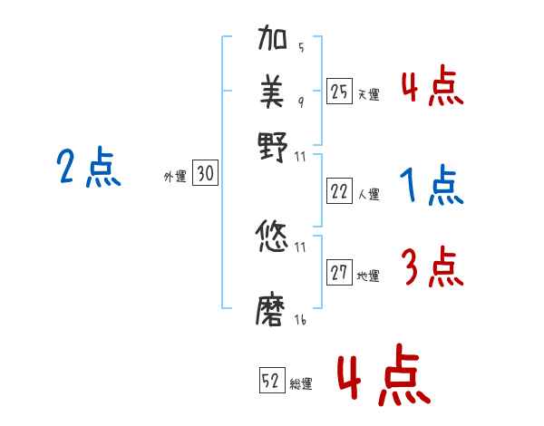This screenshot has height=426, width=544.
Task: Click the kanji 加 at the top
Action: tap(272, 44)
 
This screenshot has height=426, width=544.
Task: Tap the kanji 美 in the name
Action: tap(272, 92)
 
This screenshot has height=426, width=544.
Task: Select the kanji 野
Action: tap(272, 144)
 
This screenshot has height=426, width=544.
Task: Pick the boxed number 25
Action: tap(339, 91)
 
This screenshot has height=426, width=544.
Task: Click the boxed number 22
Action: tap(339, 191)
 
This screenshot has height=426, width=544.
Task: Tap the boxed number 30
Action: tap(205, 175)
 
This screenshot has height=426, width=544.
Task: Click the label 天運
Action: tap(368, 93)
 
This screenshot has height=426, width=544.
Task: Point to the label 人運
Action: tap(368, 194)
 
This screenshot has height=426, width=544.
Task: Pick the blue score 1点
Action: tap(432, 186)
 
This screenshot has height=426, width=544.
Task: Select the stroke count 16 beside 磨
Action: tap(299, 320)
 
